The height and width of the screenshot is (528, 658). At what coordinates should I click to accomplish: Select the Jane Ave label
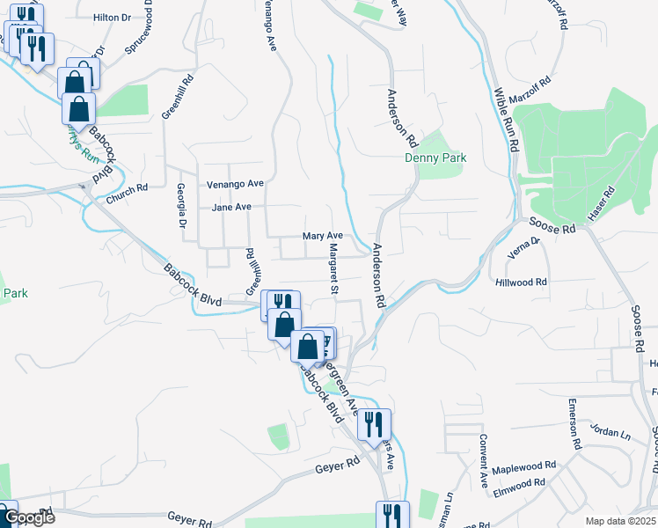tap(232, 207)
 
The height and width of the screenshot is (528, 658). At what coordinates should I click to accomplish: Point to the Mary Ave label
tap(322, 236)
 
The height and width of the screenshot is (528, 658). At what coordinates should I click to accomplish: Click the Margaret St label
tap(333, 269)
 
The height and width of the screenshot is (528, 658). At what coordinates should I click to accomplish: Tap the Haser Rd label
tap(606, 204)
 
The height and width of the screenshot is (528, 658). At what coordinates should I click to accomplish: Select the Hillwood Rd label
tap(521, 282)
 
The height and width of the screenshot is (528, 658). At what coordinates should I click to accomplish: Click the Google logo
tap(28, 517)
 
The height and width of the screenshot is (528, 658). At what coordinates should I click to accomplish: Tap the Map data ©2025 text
tap(620, 521)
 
